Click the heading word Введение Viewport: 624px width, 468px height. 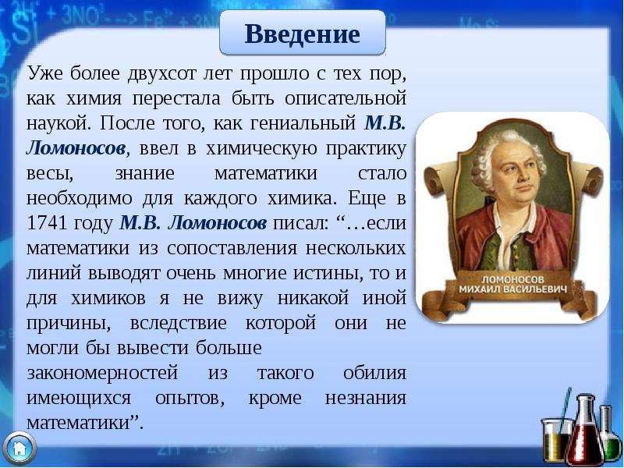click(x=303, y=34)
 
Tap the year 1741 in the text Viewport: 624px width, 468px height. click(x=47, y=224)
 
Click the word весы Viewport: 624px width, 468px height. click(x=50, y=175)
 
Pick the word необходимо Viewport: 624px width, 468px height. click(x=80, y=199)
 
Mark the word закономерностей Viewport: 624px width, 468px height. click(x=102, y=374)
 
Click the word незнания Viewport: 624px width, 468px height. click(x=365, y=399)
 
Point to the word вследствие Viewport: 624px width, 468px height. click(x=179, y=324)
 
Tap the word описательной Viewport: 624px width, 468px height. click(x=346, y=99)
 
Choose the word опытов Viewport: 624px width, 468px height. click(x=190, y=399)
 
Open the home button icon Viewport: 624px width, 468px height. click(x=19, y=448)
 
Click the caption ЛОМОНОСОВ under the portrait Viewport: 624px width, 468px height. click(x=512, y=279)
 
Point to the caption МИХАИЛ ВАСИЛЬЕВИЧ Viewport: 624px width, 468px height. click(x=512, y=289)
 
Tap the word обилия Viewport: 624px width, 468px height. click(x=374, y=374)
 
